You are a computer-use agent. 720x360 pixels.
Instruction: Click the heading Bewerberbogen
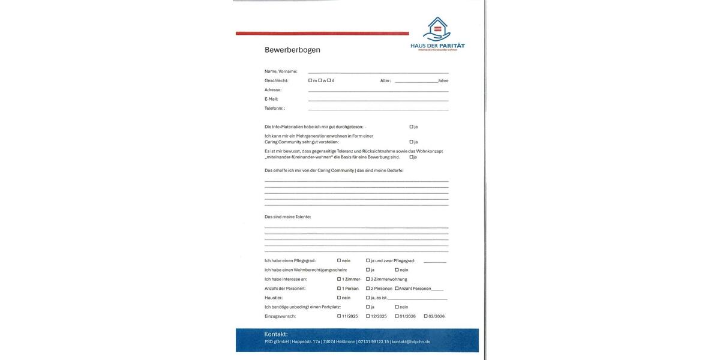click(x=292, y=50)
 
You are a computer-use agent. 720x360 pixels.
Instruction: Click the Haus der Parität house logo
click(x=437, y=29)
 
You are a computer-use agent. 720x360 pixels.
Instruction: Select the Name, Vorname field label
click(x=281, y=71)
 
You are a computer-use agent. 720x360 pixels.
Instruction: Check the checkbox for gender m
click(x=310, y=80)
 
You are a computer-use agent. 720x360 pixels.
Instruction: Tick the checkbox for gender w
click(x=320, y=80)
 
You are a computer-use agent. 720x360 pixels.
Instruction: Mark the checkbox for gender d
click(x=329, y=80)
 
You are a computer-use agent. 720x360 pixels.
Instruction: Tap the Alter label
click(x=385, y=80)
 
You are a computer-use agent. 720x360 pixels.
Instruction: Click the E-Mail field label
click(x=271, y=99)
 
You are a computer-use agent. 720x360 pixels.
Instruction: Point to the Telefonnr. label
click(x=275, y=109)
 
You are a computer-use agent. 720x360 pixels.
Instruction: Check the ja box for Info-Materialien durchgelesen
click(x=412, y=127)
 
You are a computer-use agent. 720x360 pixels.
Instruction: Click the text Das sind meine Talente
click(x=287, y=217)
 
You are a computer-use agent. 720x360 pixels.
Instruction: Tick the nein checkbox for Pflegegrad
click(x=339, y=260)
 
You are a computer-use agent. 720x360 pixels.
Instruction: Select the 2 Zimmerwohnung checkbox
click(x=368, y=279)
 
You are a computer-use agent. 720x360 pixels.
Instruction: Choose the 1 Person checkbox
click(x=339, y=289)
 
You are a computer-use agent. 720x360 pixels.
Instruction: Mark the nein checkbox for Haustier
click(x=339, y=298)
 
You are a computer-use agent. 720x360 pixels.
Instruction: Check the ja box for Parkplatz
click(x=368, y=307)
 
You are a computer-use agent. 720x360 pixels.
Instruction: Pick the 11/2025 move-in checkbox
click(x=339, y=316)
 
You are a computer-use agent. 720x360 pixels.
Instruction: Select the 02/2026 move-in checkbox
click(x=426, y=316)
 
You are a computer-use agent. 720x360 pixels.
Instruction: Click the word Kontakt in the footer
click(x=276, y=334)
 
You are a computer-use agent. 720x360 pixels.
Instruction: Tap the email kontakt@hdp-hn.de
click(x=411, y=342)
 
